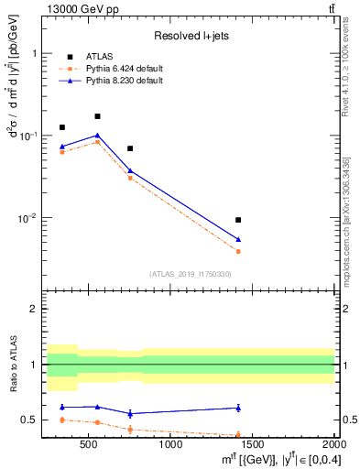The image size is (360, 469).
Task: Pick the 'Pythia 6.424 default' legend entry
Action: tap(117, 69)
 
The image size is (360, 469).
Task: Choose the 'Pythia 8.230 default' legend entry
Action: tap(117, 81)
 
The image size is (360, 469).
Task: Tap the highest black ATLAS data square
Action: tap(97, 116)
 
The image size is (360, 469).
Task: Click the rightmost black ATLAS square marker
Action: tap(238, 220)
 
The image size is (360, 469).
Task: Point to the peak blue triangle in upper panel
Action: tap(97, 136)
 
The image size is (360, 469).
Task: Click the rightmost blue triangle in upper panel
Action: tap(238, 239)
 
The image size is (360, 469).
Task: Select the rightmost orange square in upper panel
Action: tap(238, 251)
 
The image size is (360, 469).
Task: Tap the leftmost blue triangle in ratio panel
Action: tap(62, 407)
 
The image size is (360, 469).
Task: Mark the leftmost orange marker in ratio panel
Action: tap(62, 420)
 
